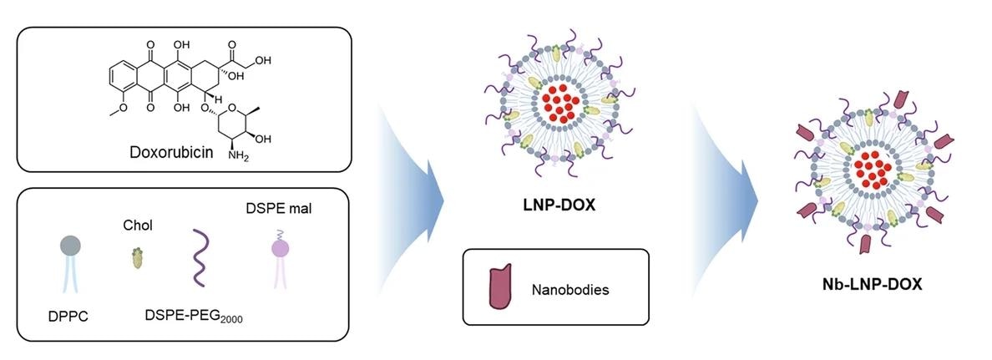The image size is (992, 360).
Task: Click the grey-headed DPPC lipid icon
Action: tap(71, 247)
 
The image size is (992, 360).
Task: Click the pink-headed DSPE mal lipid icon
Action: tap(279, 248)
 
